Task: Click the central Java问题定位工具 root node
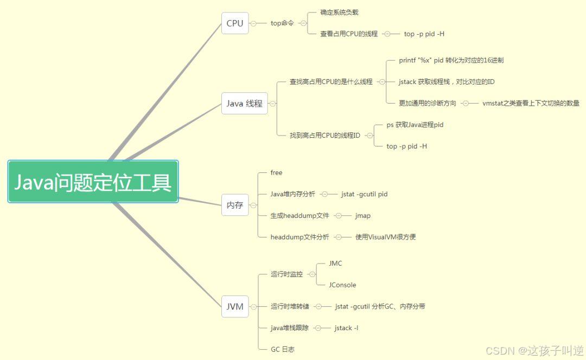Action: click(x=93, y=182)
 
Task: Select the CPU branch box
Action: click(x=235, y=23)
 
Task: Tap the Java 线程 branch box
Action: click(x=245, y=103)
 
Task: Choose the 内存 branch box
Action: click(x=235, y=205)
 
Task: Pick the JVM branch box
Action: click(x=235, y=306)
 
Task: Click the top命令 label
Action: click(x=282, y=23)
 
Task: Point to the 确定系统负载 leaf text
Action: click(x=339, y=12)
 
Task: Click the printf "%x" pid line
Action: click(x=451, y=60)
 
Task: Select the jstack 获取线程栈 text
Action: click(x=447, y=82)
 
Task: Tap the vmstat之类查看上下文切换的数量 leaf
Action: click(x=531, y=103)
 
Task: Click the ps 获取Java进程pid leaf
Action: click(x=415, y=125)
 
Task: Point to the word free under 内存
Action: click(x=277, y=172)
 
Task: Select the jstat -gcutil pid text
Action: click(x=364, y=194)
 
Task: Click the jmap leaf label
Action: click(x=363, y=216)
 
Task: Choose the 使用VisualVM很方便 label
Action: click(x=385, y=237)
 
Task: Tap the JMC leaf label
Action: click(x=335, y=263)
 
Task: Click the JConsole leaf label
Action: click(x=342, y=285)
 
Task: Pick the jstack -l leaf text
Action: click(x=346, y=328)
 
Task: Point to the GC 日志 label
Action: click(x=283, y=350)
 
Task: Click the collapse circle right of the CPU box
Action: click(x=253, y=23)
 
